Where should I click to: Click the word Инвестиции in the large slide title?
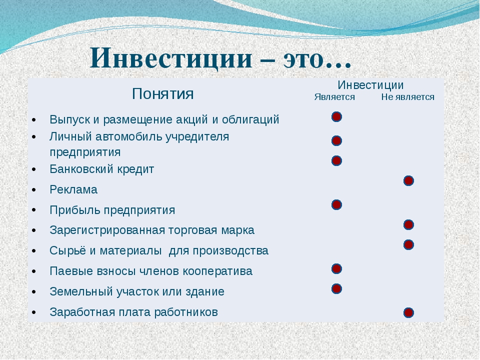tap(171, 57)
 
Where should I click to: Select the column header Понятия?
tap(162, 93)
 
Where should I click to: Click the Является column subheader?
tap(334, 97)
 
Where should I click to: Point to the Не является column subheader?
tap(408, 97)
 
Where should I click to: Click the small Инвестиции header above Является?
tap(370, 85)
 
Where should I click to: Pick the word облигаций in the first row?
tap(250, 119)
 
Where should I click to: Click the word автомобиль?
tap(129, 136)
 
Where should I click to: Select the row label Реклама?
tap(73, 190)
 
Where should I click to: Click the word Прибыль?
tap(75, 210)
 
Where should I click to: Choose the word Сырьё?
tap(67, 250)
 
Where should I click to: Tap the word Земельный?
tap(81, 291)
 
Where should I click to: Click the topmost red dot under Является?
tap(336, 117)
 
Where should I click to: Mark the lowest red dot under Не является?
tap(408, 313)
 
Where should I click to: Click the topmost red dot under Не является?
tap(408, 181)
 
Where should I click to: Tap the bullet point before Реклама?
tap(33, 190)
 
